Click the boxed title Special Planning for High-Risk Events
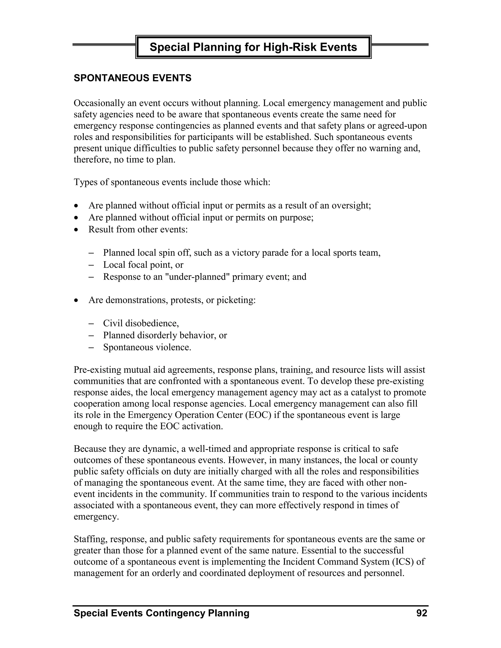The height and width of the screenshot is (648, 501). pyautogui.click(x=253, y=47)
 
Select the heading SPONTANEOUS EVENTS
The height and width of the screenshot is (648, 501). pyautogui.click(x=132, y=78)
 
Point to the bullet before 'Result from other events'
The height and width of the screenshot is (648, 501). pyautogui.click(x=77, y=229)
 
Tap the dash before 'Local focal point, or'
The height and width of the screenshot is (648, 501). pyautogui.click(x=91, y=265)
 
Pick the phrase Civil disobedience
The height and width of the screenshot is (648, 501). pyautogui.click(x=141, y=323)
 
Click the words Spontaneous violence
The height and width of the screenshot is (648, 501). pyautogui.click(x=147, y=347)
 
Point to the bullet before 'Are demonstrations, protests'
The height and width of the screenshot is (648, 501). pyautogui.click(x=77, y=300)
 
